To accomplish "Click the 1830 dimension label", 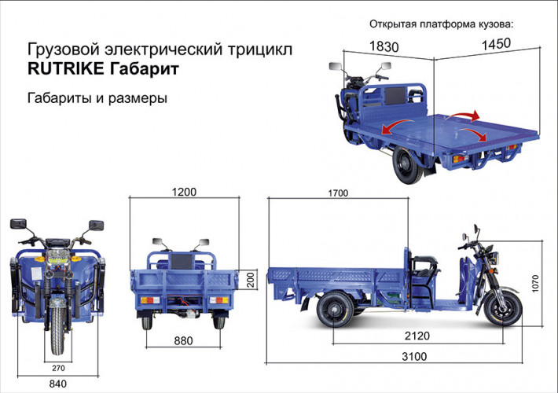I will pyautogui.click(x=383, y=47).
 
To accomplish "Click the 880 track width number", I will pyautogui.click(x=183, y=341).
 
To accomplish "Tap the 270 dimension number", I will pyautogui.click(x=58, y=366).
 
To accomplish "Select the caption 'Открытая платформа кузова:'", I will pyautogui.click(x=444, y=23).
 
